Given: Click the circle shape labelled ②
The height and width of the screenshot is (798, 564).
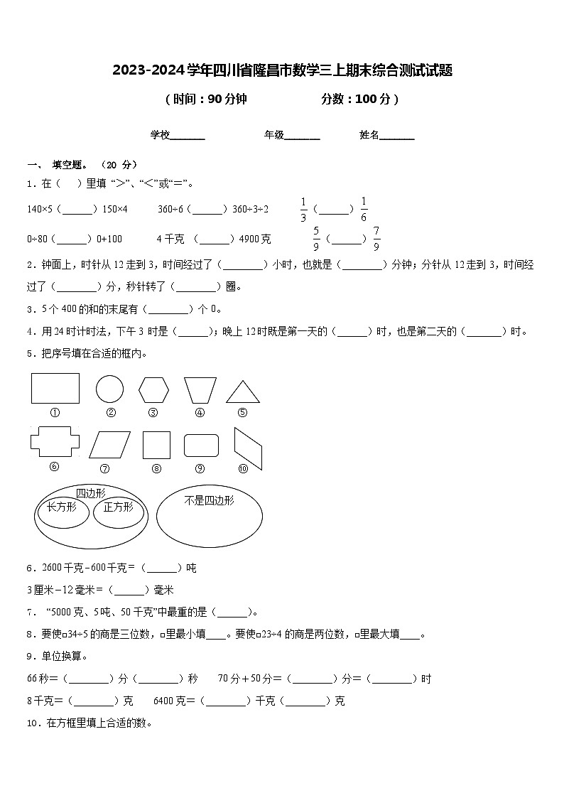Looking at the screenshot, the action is pos(109,389).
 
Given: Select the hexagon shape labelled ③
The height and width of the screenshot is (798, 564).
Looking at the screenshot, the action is pos(153,390).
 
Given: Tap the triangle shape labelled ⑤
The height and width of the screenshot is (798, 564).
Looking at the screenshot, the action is pos(242,392).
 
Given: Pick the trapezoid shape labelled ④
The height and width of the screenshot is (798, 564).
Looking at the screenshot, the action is pos(200,390).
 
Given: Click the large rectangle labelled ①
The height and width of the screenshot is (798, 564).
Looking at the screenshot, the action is pos(55,388).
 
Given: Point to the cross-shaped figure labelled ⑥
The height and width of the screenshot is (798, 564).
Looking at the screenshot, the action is pos(55,441).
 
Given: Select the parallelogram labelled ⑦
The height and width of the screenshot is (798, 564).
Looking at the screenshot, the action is pos(105,445).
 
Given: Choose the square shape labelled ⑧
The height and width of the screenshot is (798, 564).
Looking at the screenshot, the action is pos(156,445).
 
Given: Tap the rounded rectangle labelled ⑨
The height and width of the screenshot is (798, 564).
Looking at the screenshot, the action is pos(201,445).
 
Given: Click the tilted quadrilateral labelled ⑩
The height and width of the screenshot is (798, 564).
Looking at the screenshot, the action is pos(248,448).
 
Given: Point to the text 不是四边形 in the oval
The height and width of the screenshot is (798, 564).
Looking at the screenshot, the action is pos(209,500).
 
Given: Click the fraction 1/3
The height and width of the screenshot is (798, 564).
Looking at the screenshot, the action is pos(303,210).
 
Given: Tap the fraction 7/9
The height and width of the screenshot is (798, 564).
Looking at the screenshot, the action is pos(376,239).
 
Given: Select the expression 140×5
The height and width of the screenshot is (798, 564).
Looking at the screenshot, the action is pos(40,209).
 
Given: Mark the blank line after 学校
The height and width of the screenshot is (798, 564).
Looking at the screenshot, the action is pos(188,135).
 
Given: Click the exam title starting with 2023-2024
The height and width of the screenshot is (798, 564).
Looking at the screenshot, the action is pos(282,70).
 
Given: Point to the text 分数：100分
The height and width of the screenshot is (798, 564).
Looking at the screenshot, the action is pos(359,99).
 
